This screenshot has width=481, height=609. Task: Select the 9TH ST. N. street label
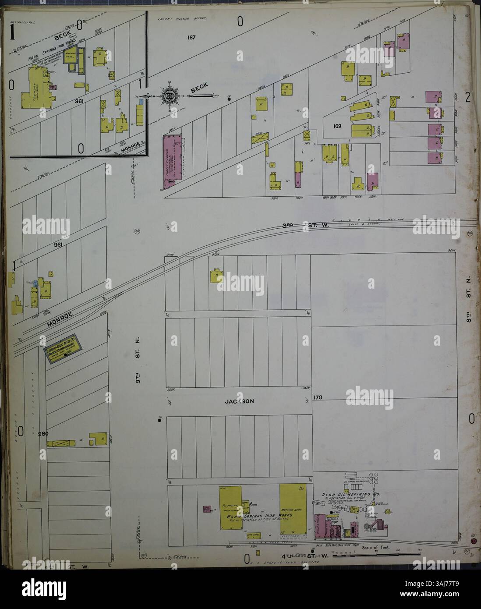click(x=138, y=355)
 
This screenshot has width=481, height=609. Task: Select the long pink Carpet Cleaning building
click(x=168, y=162)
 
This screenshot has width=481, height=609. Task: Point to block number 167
click(x=190, y=37)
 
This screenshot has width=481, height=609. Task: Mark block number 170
click(x=318, y=398)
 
